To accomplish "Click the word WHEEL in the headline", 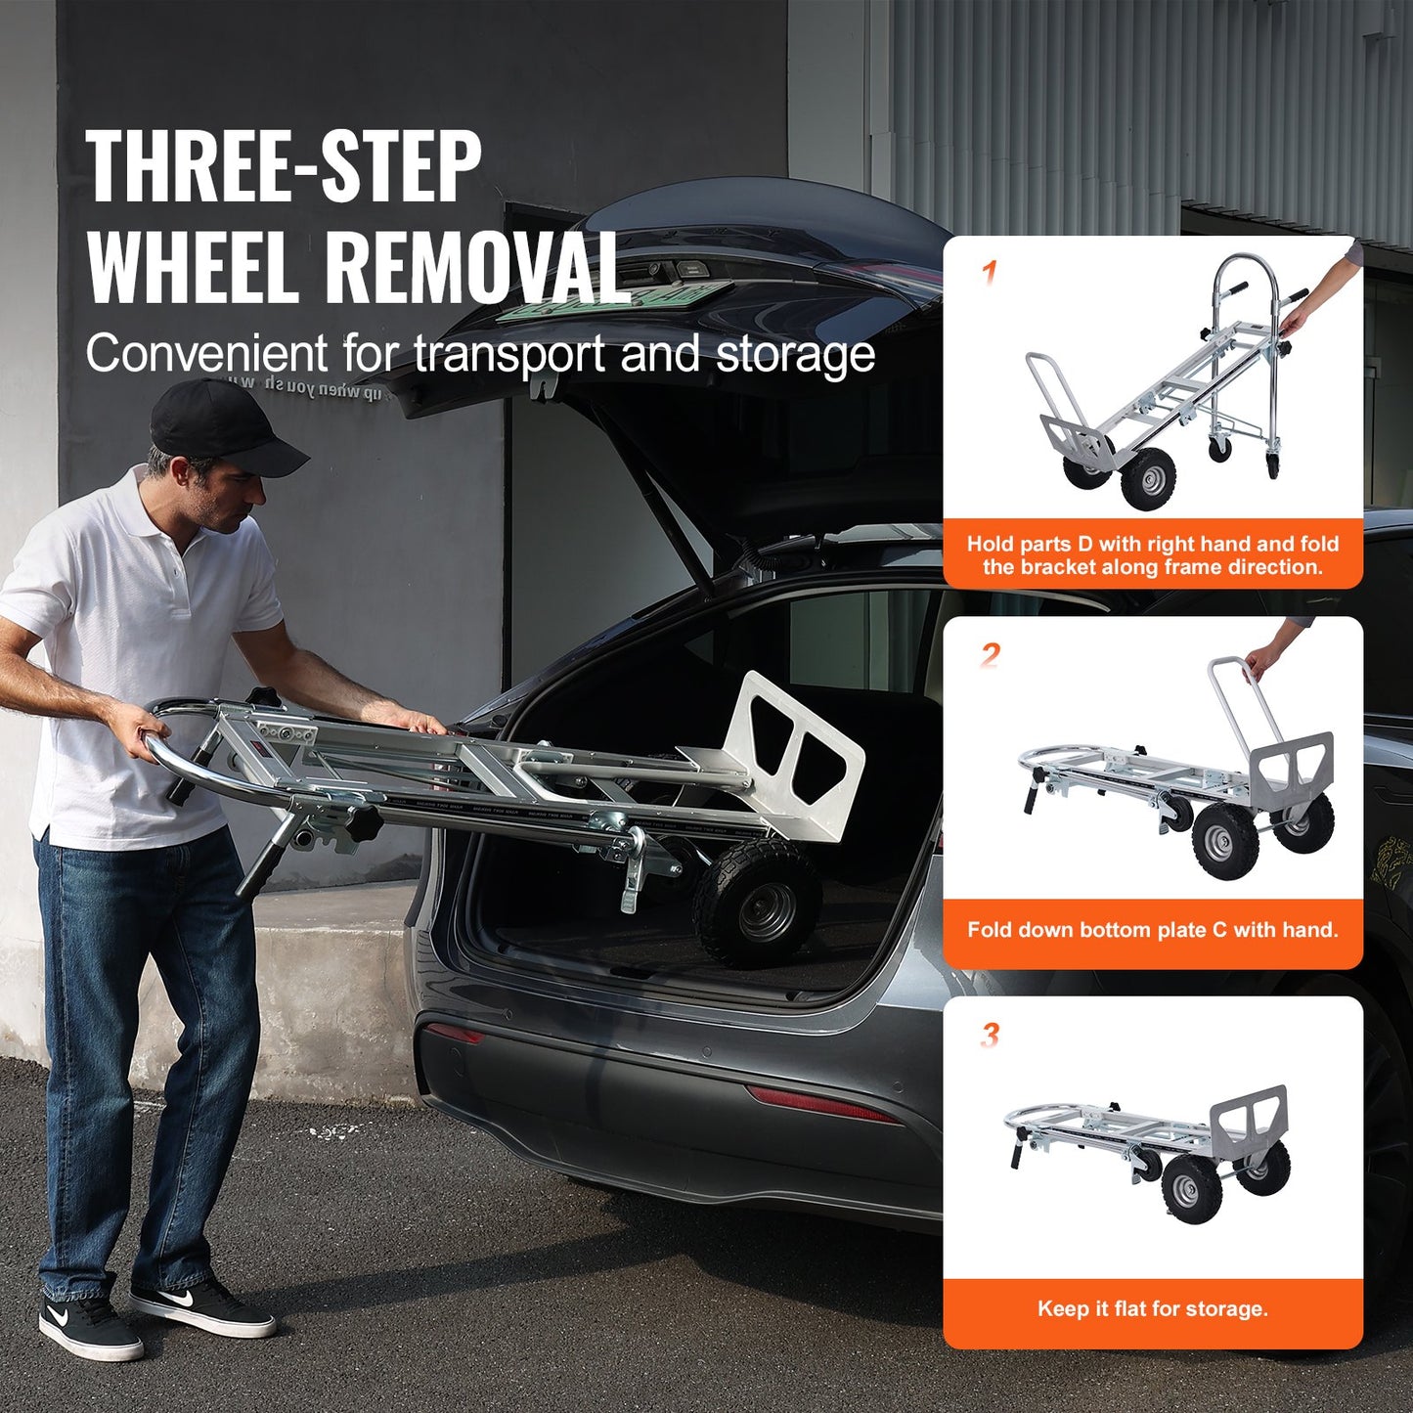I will pos(193,267).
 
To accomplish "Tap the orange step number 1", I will pos(989,272).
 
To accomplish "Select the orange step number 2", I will pos(990,654).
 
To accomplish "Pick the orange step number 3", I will pos(990,1035).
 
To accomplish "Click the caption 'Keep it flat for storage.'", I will pos(1152,1308).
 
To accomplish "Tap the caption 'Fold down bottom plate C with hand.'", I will pos(1152,929).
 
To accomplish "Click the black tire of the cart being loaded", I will pos(757,905).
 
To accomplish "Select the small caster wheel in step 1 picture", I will pos(1219,449).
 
